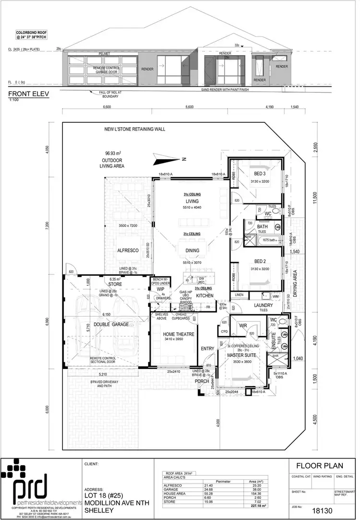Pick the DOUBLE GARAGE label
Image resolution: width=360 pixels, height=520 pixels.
111,325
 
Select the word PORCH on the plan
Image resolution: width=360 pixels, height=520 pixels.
202,382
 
